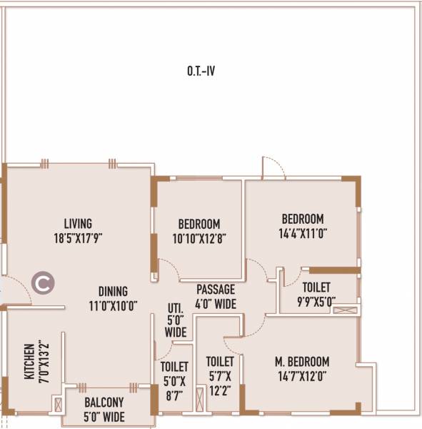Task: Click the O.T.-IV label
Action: click(201, 71)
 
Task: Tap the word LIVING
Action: click(77, 224)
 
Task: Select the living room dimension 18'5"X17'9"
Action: click(77, 237)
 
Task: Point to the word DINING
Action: click(113, 292)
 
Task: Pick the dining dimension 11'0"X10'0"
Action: click(113, 305)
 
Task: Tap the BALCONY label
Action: click(104, 403)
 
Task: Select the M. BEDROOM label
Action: click(303, 362)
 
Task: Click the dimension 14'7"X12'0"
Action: click(303, 375)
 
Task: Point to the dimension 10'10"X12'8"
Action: click(199, 237)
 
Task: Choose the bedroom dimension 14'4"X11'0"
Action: click(302, 232)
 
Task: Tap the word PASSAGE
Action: click(216, 290)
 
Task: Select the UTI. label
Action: click(175, 308)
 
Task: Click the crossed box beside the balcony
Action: click(57, 405)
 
